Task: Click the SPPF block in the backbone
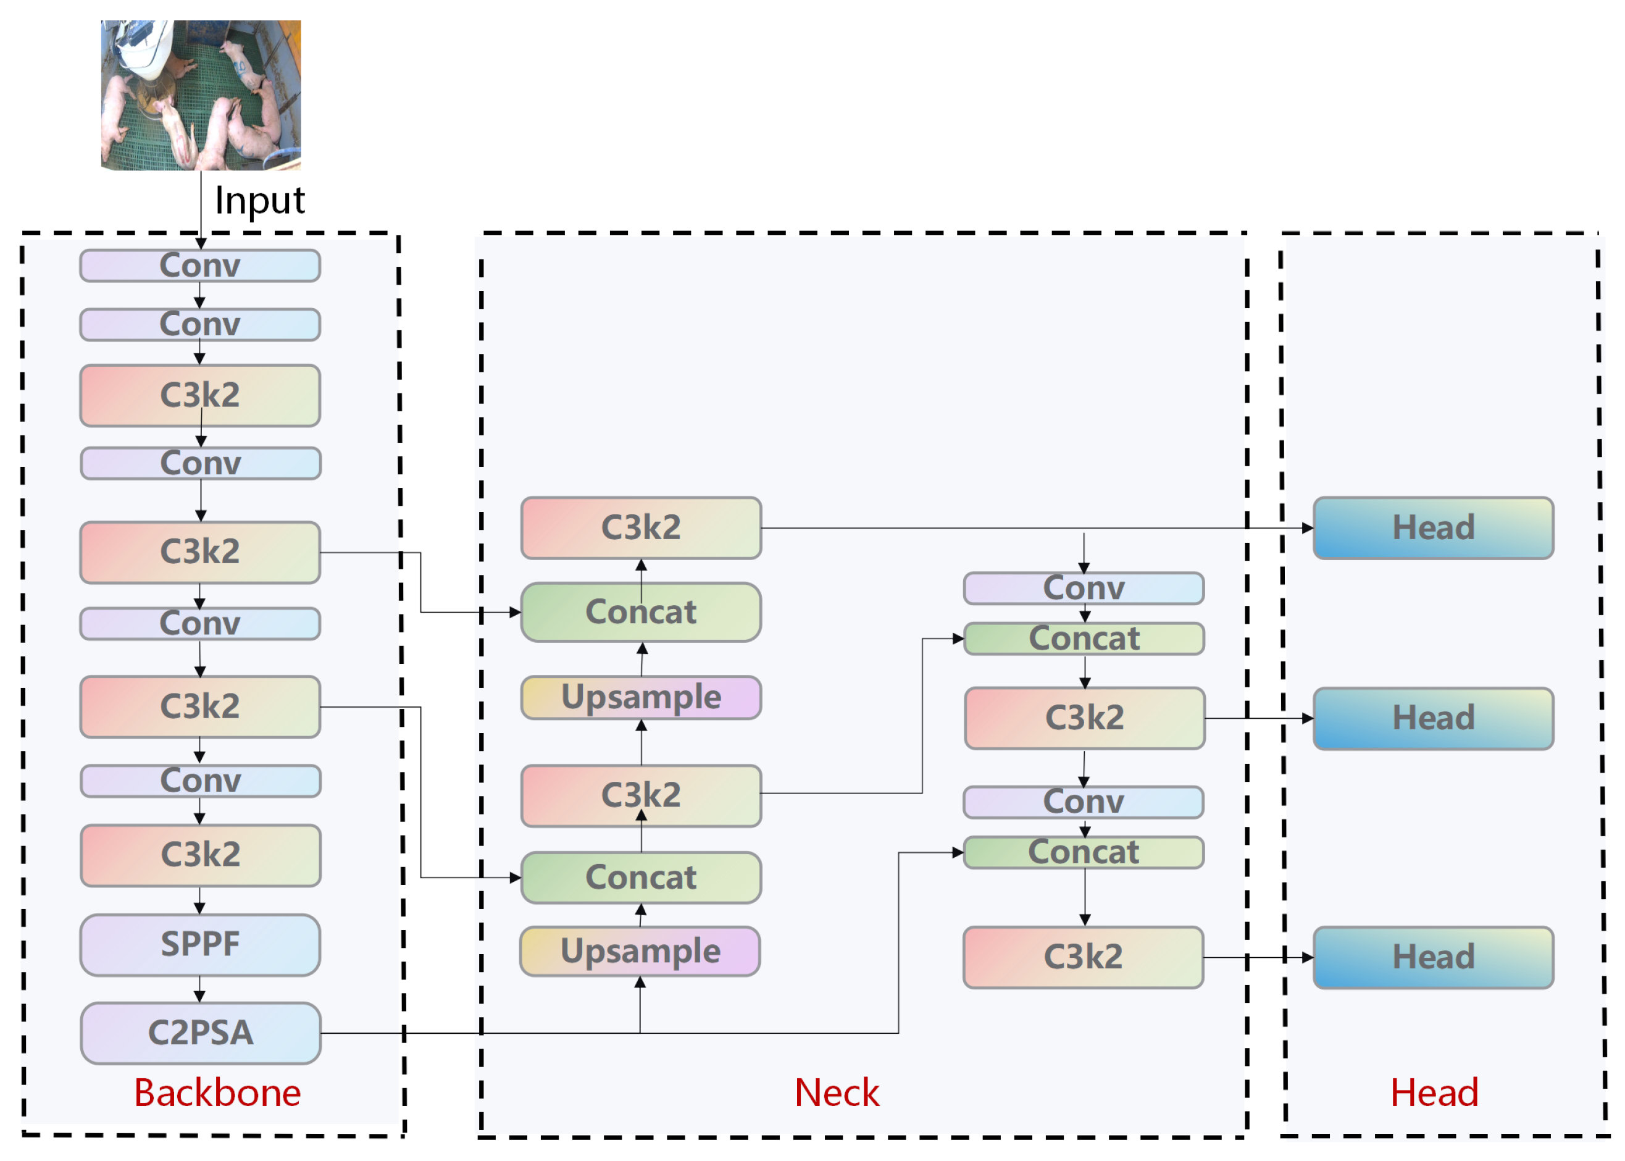(x=200, y=944)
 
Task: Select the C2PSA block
(x=201, y=1033)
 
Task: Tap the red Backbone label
(x=217, y=1093)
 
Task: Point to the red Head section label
(x=1434, y=1093)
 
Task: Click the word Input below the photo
(x=259, y=201)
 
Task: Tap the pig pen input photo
(x=201, y=95)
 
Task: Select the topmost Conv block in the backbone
(x=200, y=265)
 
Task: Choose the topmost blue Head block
(x=1434, y=527)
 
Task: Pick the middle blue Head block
(x=1434, y=718)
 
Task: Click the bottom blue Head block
(x=1434, y=957)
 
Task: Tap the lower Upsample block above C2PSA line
(x=640, y=951)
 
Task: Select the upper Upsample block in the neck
(x=641, y=697)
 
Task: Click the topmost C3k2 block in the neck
(x=641, y=527)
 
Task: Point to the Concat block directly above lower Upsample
(x=641, y=877)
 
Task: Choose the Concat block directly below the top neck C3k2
(x=641, y=612)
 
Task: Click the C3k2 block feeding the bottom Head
(x=1084, y=957)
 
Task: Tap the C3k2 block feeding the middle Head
(x=1085, y=718)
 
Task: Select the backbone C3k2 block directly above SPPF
(x=201, y=856)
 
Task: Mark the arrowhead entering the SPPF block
(x=199, y=908)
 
